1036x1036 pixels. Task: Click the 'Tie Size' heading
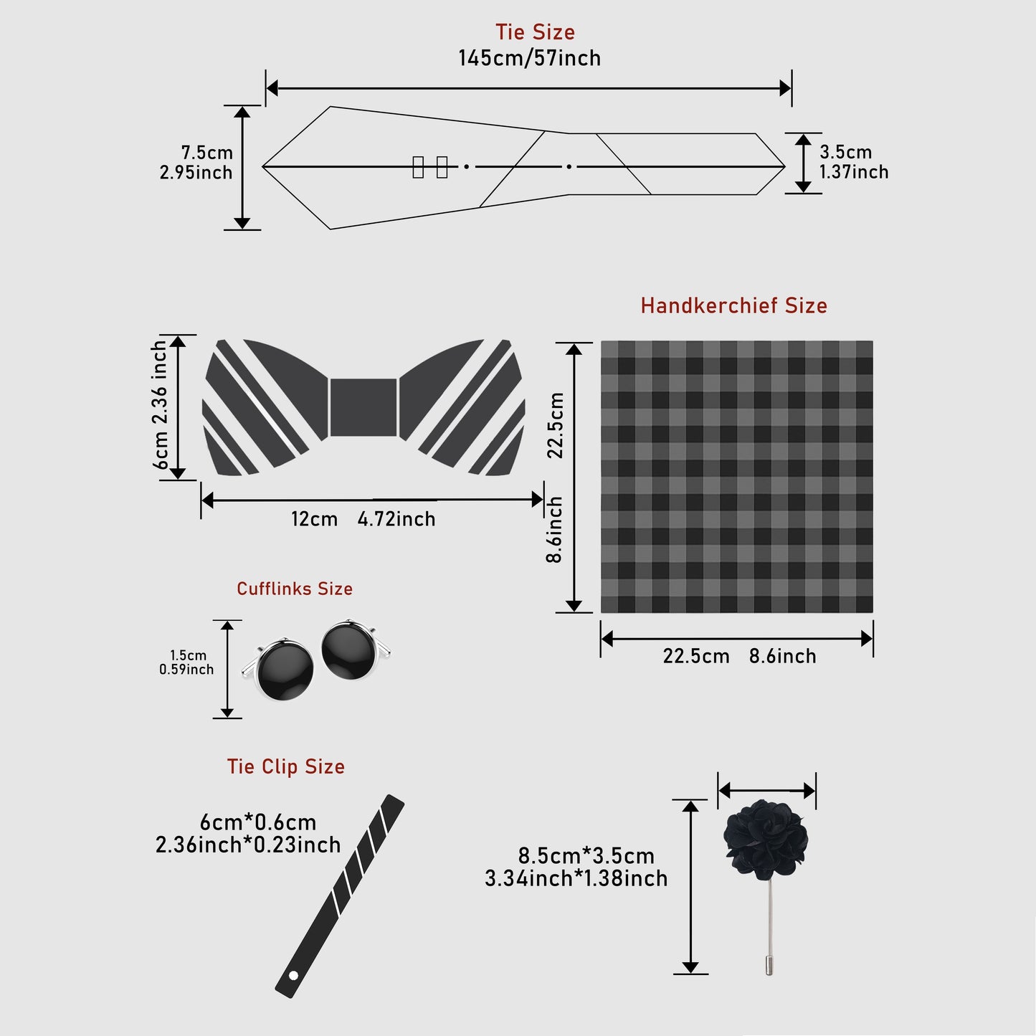click(x=535, y=32)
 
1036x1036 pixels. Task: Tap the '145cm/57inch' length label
click(x=530, y=58)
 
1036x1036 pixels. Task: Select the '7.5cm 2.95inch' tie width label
click(x=196, y=163)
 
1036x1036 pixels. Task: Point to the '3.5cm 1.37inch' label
click(x=854, y=162)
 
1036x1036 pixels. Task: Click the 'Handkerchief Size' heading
click(x=733, y=306)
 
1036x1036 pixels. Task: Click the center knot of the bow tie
click(x=363, y=407)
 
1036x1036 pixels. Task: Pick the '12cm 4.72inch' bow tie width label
click(x=363, y=519)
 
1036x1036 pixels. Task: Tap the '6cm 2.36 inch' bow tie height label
click(x=160, y=406)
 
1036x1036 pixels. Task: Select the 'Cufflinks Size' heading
click(x=295, y=589)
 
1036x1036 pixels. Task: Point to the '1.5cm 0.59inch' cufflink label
click(x=186, y=662)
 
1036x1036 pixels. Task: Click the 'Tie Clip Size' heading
click(x=286, y=767)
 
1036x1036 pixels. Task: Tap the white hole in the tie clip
click(x=293, y=975)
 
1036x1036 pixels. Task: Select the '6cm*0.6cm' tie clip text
click(x=258, y=822)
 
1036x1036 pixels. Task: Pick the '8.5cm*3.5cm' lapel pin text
click(x=586, y=856)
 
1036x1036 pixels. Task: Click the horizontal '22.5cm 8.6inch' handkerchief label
click(x=739, y=656)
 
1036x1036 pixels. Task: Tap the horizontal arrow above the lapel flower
click(x=766, y=791)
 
